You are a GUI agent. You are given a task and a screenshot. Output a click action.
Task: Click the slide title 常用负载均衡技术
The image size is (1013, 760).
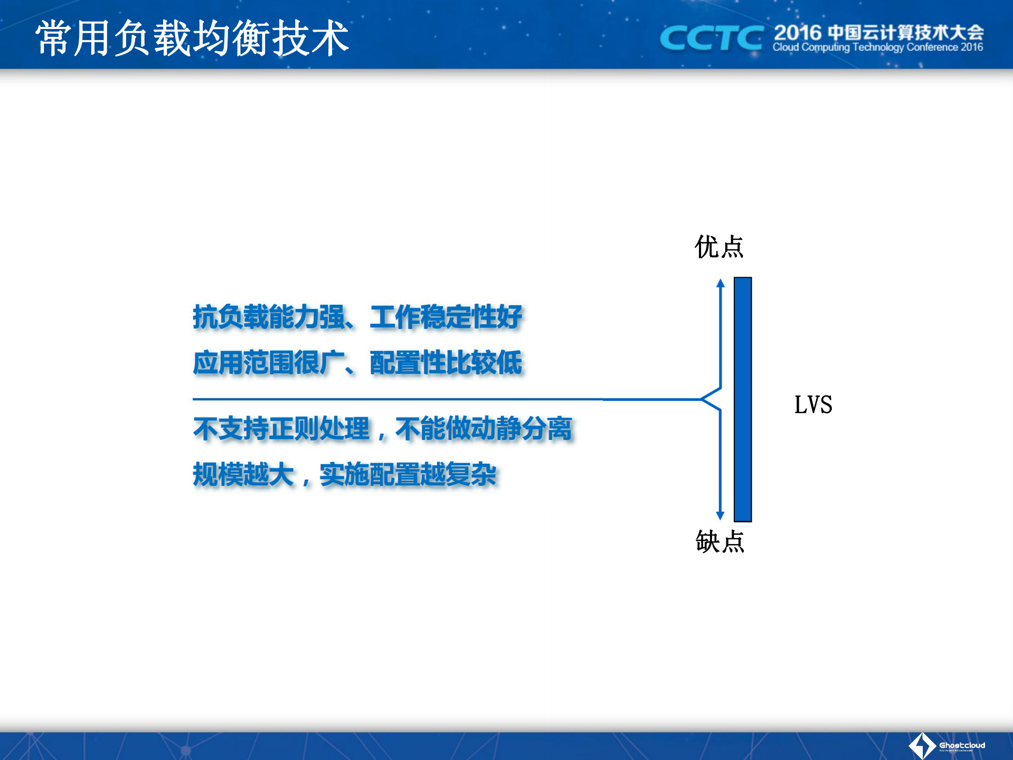click(x=192, y=38)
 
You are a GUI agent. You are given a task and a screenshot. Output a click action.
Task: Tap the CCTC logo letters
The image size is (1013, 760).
click(x=712, y=38)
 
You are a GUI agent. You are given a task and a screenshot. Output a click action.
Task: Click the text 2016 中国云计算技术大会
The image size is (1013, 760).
click(x=878, y=32)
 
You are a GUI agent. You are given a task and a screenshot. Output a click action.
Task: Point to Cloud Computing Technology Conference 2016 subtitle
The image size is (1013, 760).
click(x=877, y=48)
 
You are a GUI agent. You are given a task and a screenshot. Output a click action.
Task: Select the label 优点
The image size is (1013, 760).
click(x=719, y=247)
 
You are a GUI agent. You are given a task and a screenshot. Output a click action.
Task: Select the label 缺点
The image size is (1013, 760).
click(x=719, y=541)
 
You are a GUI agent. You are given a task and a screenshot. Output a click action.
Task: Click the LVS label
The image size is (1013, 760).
click(x=813, y=405)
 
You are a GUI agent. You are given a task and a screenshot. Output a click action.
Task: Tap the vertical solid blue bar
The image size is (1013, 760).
click(x=742, y=399)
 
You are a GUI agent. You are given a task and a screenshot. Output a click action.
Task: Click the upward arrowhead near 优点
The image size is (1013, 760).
click(x=721, y=283)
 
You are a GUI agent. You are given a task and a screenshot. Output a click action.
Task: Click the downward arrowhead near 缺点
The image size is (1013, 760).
click(x=720, y=515)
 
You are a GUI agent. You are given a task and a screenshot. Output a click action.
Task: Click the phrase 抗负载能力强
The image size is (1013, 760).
click(x=269, y=317)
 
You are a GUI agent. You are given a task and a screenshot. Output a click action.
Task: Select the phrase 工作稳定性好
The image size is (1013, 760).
click(x=446, y=317)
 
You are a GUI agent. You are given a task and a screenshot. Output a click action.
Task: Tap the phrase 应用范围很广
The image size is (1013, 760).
click(x=269, y=363)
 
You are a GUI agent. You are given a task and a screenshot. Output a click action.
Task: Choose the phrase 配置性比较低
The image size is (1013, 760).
click(x=446, y=363)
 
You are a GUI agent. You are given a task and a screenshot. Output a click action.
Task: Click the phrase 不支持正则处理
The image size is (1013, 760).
click(x=281, y=428)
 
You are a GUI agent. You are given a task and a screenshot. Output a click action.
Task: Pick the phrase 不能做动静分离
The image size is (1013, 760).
click(x=484, y=428)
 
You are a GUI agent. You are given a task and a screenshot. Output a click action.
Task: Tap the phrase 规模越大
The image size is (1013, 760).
click(x=243, y=474)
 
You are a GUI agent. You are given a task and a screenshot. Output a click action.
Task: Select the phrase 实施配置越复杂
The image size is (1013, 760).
click(x=408, y=474)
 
